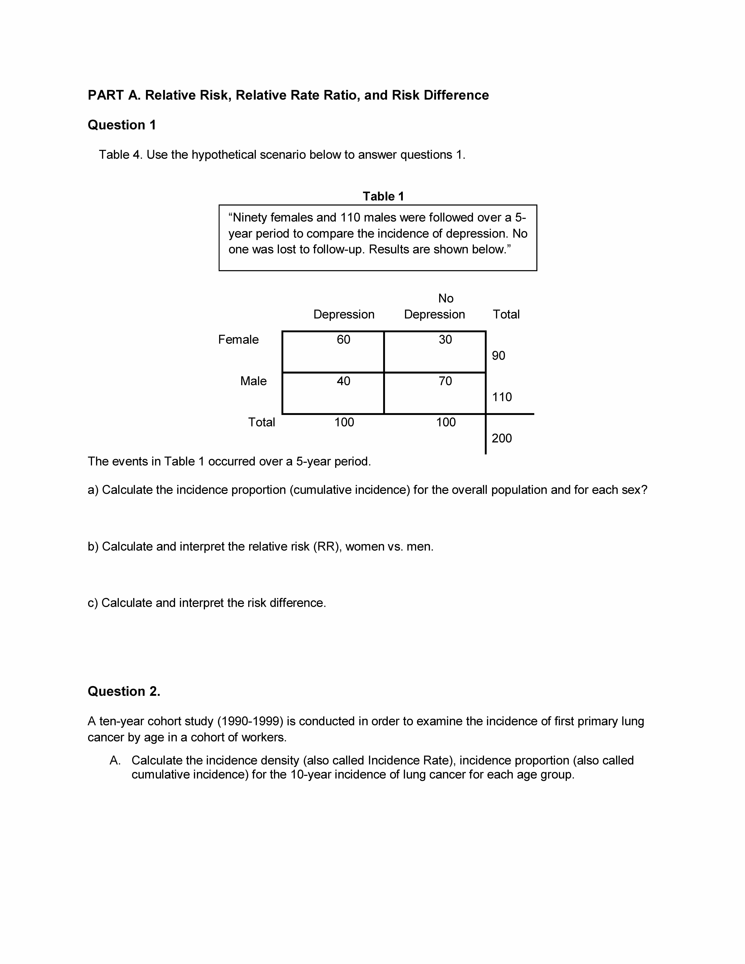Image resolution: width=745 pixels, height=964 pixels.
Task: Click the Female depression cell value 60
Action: tap(343, 339)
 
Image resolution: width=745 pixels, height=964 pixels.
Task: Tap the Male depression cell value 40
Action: tap(343, 381)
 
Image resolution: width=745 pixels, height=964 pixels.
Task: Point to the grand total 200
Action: tap(502, 438)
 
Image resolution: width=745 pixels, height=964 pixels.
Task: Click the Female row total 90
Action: tap(498, 356)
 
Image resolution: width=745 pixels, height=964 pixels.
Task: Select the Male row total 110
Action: tap(502, 397)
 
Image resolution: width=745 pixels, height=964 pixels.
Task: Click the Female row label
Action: tap(238, 339)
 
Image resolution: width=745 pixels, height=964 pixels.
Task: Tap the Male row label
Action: tap(253, 381)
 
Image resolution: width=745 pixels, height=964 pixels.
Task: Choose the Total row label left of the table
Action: tap(261, 422)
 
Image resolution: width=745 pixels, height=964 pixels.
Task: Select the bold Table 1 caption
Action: tap(383, 196)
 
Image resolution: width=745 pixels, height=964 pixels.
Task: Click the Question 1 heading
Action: tap(122, 125)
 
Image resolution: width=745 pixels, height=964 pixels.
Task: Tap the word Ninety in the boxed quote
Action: tap(248, 218)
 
